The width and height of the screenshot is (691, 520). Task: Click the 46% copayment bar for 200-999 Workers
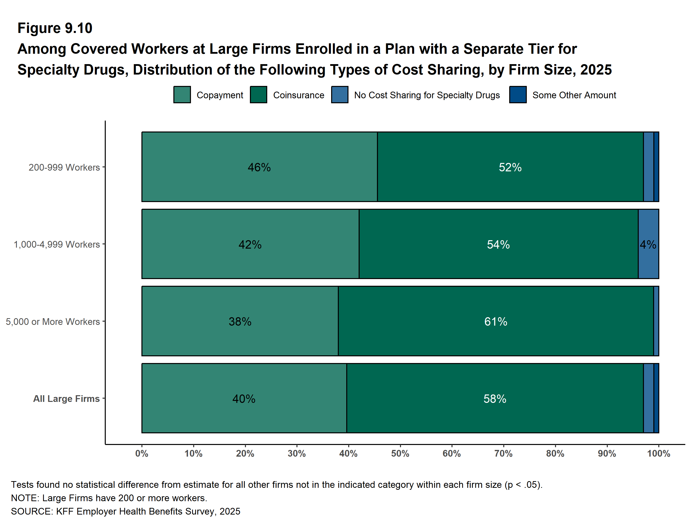coord(259,167)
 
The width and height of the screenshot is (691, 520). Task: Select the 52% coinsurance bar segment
coord(510,167)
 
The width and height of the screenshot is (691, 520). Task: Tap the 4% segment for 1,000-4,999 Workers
coord(648,244)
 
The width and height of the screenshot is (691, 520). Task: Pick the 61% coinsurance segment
coord(496,321)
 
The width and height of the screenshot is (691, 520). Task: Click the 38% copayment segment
coord(240,321)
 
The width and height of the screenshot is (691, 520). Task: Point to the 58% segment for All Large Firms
coord(495,398)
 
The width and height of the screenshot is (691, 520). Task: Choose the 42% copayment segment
coord(250,244)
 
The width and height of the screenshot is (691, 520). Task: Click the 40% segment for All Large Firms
coord(244,398)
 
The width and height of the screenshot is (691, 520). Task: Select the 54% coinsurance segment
coord(499,244)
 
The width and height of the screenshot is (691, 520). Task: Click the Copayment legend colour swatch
coord(182,95)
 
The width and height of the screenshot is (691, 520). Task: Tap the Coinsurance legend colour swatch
coord(259,95)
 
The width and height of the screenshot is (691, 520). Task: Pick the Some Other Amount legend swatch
coord(518,95)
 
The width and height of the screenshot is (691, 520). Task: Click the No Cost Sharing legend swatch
coord(340,95)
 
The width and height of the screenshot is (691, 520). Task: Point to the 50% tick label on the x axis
coord(400,453)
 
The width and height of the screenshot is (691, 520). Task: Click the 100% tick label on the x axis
coord(659,453)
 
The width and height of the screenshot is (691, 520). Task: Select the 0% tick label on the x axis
coord(142,453)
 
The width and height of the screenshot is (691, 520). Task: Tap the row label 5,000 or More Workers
coord(53,321)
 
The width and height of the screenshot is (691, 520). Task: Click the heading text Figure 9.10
coord(55,28)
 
